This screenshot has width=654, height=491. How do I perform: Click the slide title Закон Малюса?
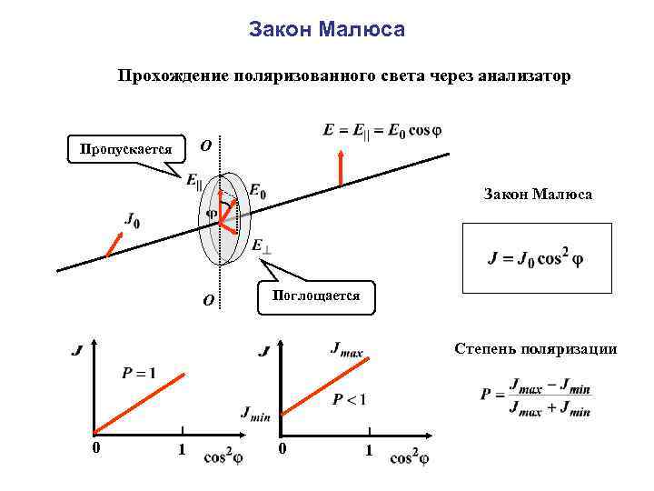point(327,31)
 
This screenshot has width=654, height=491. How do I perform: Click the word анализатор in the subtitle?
point(520,76)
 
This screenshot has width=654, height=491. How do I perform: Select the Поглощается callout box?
point(315,296)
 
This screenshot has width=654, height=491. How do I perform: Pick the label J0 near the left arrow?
point(133,220)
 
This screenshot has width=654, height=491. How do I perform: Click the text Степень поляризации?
point(536,349)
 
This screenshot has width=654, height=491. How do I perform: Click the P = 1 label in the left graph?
point(138,372)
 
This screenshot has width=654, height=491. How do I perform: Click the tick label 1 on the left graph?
point(182,449)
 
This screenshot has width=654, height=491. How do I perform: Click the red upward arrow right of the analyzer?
point(341,167)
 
